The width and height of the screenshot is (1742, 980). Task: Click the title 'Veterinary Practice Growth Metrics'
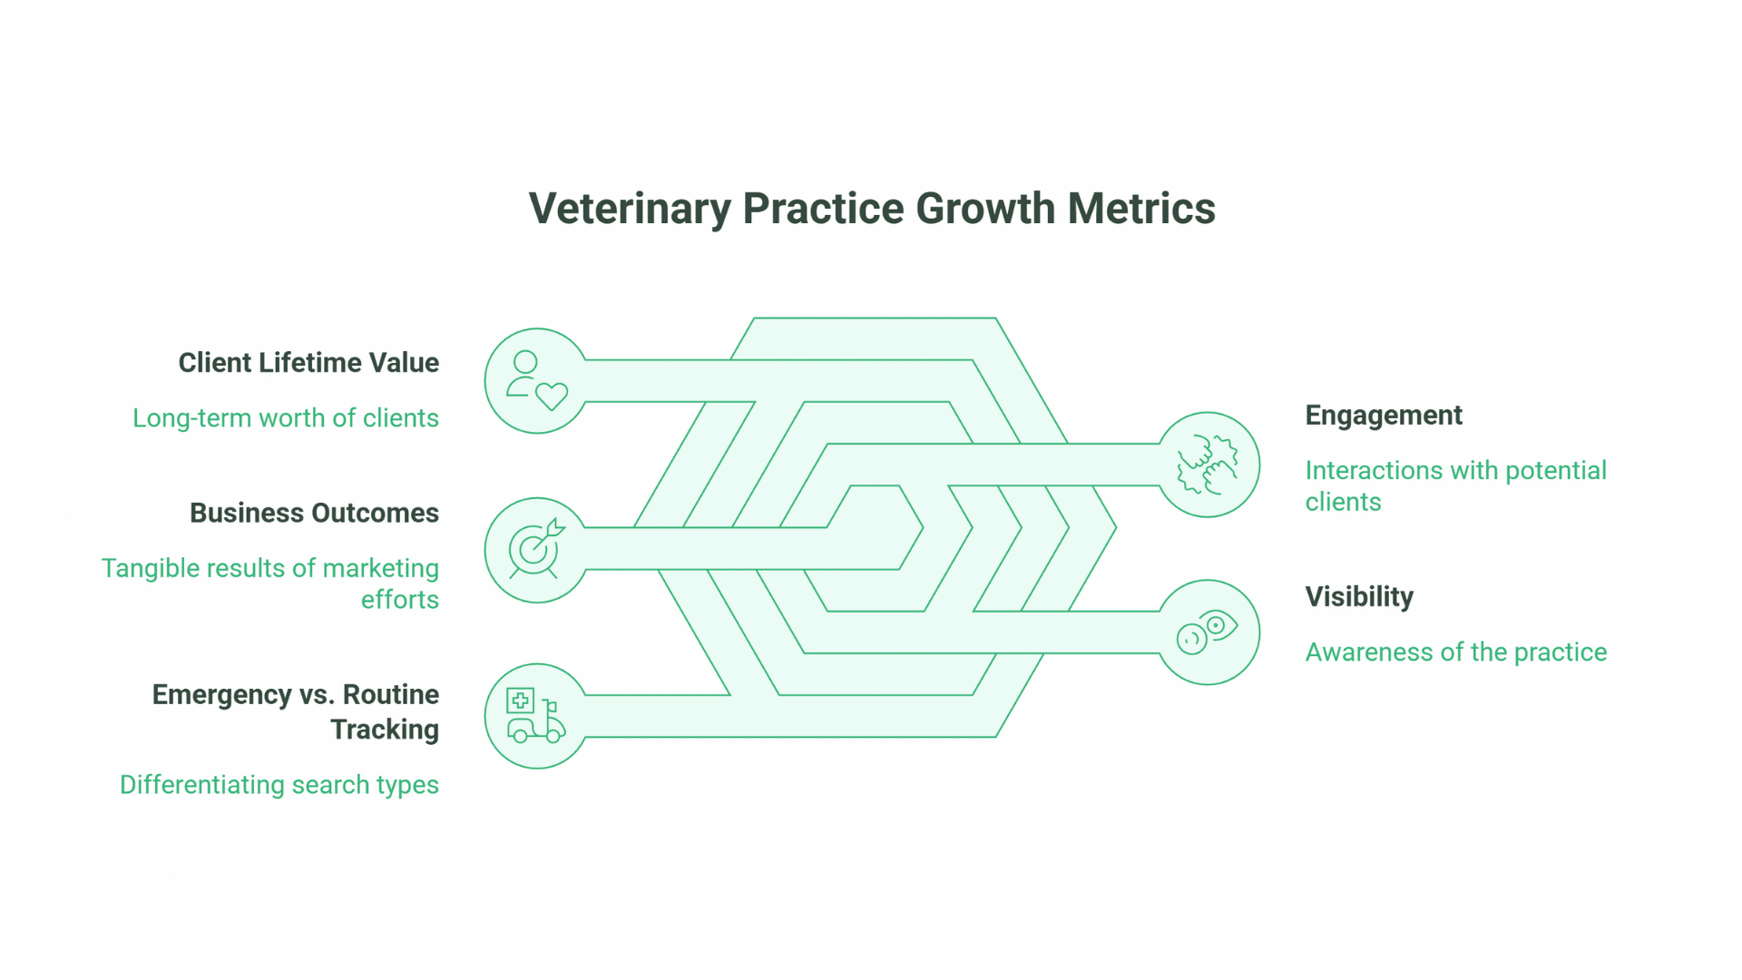click(x=871, y=209)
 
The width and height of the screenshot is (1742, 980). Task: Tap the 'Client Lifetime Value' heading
click(x=308, y=363)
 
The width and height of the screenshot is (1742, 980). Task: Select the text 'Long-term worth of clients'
click(x=286, y=418)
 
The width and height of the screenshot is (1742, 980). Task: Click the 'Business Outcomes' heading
click(x=314, y=514)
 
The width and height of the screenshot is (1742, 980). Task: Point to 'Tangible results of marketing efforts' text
click(x=270, y=583)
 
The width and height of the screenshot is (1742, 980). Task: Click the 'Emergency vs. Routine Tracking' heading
click(x=296, y=711)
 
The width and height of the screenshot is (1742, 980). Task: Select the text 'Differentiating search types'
click(x=279, y=785)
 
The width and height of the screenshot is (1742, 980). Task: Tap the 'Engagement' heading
click(x=1384, y=416)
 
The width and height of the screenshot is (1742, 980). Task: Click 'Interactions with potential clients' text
click(x=1455, y=486)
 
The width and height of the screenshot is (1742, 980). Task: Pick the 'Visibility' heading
click(x=1359, y=597)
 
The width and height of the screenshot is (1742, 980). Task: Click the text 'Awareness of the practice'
click(x=1455, y=652)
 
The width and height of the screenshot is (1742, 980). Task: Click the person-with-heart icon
click(x=536, y=381)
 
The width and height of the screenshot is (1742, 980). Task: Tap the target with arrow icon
click(x=536, y=550)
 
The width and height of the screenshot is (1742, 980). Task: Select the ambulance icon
click(x=535, y=717)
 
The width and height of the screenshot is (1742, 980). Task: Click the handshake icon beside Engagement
click(x=1208, y=465)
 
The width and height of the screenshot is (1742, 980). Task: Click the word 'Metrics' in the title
click(x=1141, y=209)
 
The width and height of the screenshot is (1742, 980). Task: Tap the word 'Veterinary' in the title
click(x=630, y=209)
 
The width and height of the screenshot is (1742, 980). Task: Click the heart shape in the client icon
click(x=551, y=397)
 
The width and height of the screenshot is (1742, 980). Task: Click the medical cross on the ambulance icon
click(x=520, y=701)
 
